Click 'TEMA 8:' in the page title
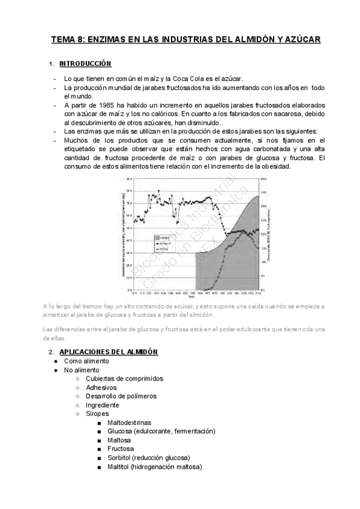coord(68,40)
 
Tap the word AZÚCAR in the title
coord(299,40)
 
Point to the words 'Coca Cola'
coord(192,79)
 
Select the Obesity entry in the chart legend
coord(164,238)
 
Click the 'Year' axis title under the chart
coord(191,297)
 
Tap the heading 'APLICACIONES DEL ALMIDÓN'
coord(109,352)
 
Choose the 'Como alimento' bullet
coord(86,361)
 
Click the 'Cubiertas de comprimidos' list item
coord(124,379)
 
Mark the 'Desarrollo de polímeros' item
coord(121,396)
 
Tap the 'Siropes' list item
coord(98,414)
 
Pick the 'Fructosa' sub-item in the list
coord(121,449)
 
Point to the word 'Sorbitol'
coord(121,458)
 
